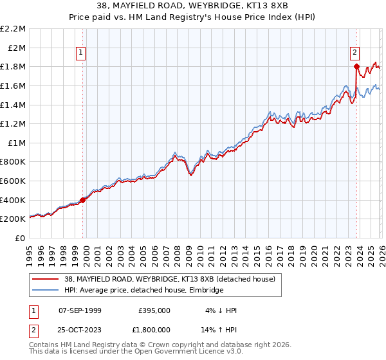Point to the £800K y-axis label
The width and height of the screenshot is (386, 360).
point(13,162)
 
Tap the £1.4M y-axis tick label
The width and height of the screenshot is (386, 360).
point(13,105)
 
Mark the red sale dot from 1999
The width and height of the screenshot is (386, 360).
point(82,200)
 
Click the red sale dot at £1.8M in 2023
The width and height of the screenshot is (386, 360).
point(356,66)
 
